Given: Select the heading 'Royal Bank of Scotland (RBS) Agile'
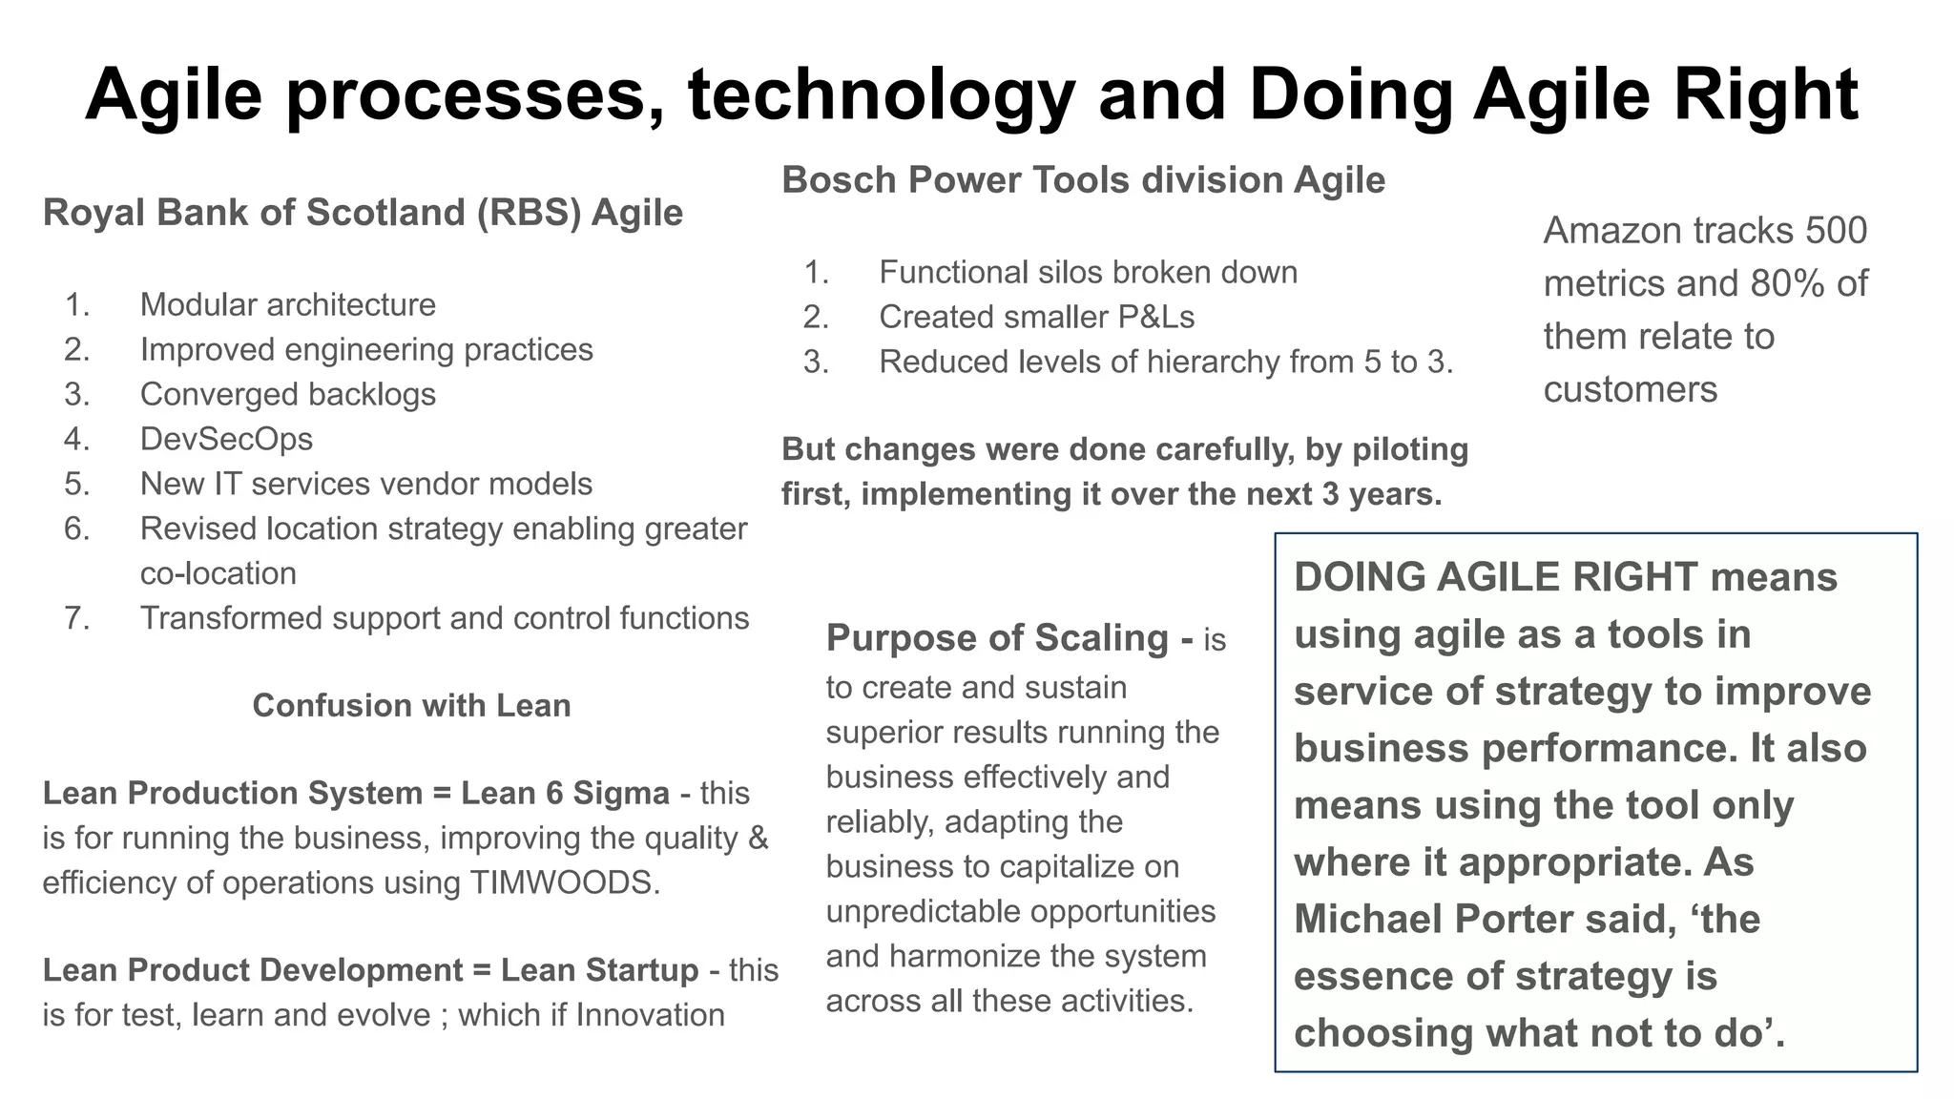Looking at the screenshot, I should point(363,213).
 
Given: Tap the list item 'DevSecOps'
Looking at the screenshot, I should point(226,439).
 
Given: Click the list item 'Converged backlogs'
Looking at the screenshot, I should point(287,394).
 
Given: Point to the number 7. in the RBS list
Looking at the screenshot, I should point(77,618).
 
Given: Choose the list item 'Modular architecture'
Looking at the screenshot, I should point(287,304).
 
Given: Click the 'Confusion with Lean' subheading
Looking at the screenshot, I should point(411,706).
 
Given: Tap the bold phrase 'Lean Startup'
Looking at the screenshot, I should point(599,970).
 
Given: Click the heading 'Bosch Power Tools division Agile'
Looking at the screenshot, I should point(1083,180).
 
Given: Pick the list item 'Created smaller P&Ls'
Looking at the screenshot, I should point(1036,317).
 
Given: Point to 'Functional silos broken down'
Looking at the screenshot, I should point(1088,273).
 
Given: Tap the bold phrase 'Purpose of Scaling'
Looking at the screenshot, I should point(997,638).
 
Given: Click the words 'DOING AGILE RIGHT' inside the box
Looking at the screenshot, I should point(1495,578).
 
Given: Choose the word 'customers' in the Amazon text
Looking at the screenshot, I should point(1630,390).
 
